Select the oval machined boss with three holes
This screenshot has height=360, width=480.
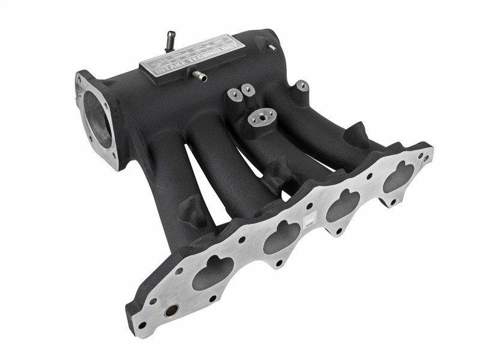pyautogui.click(x=263, y=118)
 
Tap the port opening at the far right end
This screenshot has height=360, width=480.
pyautogui.click(x=400, y=176)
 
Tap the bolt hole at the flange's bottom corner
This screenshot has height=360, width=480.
pyautogui.click(x=142, y=326)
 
